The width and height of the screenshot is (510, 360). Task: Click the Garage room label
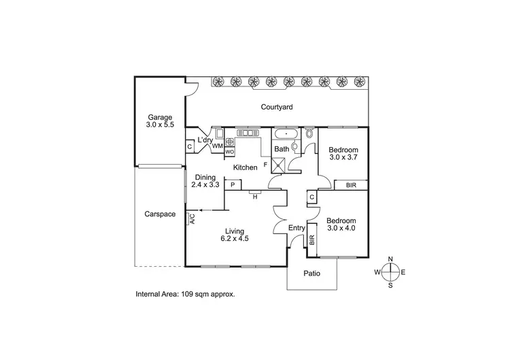(x=160, y=121)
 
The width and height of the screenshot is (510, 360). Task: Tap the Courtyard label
(x=276, y=107)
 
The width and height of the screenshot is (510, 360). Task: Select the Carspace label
(x=160, y=214)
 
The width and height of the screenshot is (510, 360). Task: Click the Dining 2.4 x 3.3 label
(x=205, y=181)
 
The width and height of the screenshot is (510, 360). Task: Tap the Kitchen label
(x=245, y=167)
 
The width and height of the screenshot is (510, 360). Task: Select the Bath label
(x=282, y=149)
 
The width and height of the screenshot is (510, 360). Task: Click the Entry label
(x=297, y=228)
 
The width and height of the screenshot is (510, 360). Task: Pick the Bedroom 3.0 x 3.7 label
(x=343, y=153)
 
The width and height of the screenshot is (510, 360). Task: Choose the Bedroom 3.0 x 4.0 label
(x=341, y=225)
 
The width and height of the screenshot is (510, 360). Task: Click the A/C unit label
(x=192, y=219)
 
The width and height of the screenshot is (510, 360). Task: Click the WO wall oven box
(x=230, y=152)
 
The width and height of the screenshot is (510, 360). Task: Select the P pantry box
(x=233, y=184)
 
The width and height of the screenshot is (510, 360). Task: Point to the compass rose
(x=390, y=272)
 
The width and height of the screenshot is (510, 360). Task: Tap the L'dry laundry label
(x=205, y=141)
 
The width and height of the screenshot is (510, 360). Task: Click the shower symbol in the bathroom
(x=278, y=163)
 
